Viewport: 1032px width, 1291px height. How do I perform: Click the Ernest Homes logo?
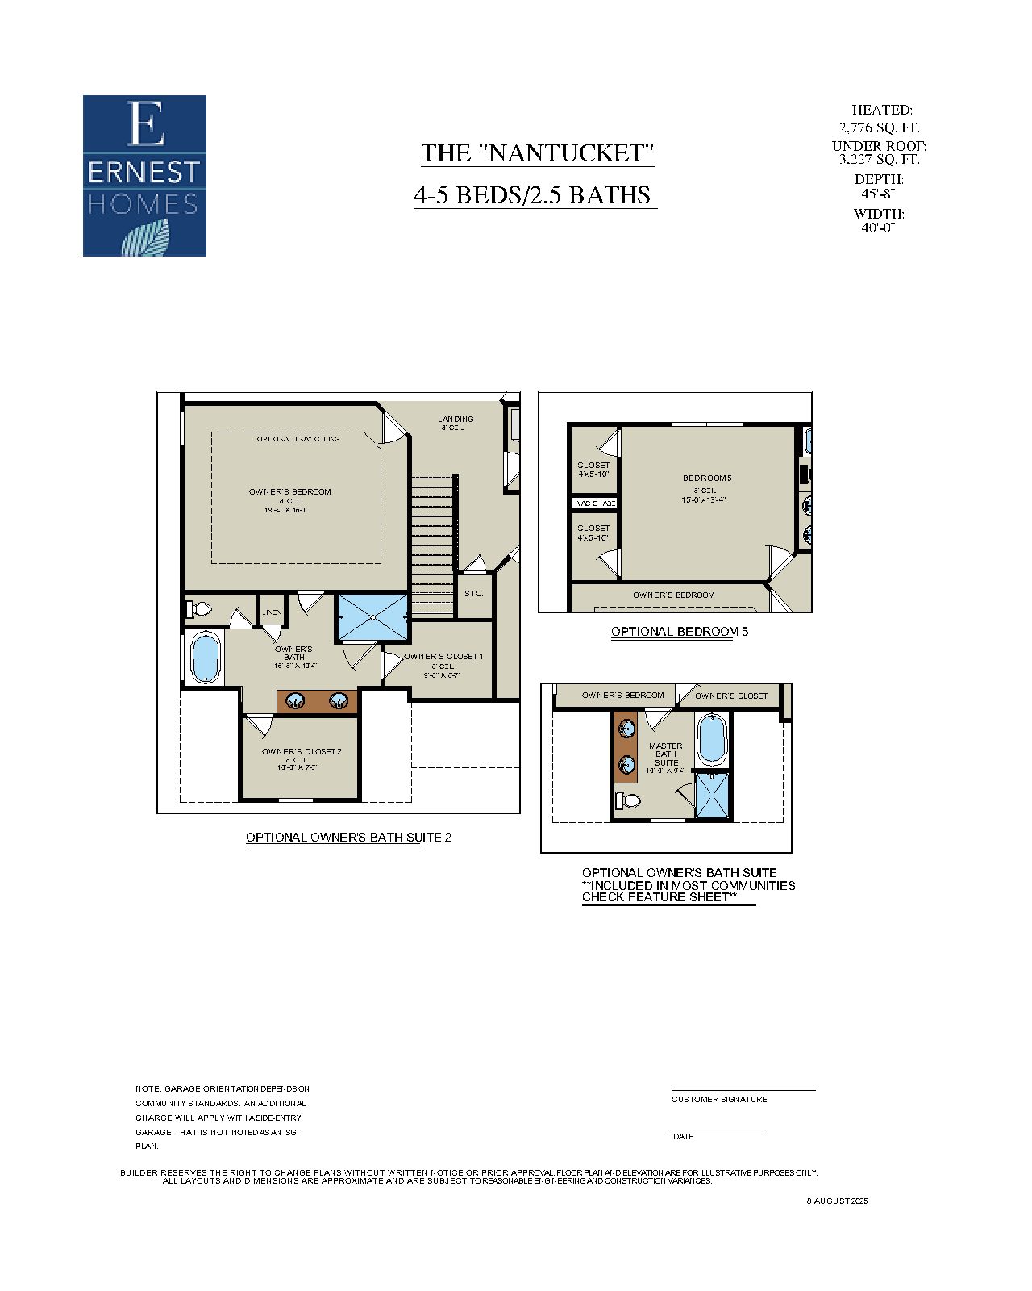[x=144, y=176]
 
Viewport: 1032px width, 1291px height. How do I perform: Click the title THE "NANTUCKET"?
[x=537, y=152]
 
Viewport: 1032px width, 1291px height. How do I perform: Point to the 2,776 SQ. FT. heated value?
[x=879, y=127]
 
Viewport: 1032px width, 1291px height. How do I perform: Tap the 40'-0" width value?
[x=878, y=228]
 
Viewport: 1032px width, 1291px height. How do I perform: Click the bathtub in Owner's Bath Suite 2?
[x=205, y=658]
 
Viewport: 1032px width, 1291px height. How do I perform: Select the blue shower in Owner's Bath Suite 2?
[x=372, y=617]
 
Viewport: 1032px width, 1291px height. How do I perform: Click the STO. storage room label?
[x=474, y=593]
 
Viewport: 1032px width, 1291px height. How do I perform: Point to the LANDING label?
[x=456, y=419]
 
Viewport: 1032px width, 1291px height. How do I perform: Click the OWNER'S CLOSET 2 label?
[x=302, y=751]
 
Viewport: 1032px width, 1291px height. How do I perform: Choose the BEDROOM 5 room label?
[x=707, y=478]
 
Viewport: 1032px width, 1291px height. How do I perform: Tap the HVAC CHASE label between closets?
[x=594, y=503]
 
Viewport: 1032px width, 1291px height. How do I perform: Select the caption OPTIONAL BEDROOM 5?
[x=679, y=632]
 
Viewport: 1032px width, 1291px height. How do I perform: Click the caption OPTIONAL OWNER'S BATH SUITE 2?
[x=348, y=838]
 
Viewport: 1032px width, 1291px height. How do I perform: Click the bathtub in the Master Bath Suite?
[x=713, y=739]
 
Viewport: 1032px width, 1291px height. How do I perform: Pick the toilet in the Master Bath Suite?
[x=628, y=800]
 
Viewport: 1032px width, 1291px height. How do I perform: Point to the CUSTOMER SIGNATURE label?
[x=719, y=1099]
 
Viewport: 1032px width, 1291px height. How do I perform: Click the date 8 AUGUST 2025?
[x=837, y=1201]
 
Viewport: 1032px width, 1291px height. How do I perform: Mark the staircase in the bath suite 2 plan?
[x=434, y=545]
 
